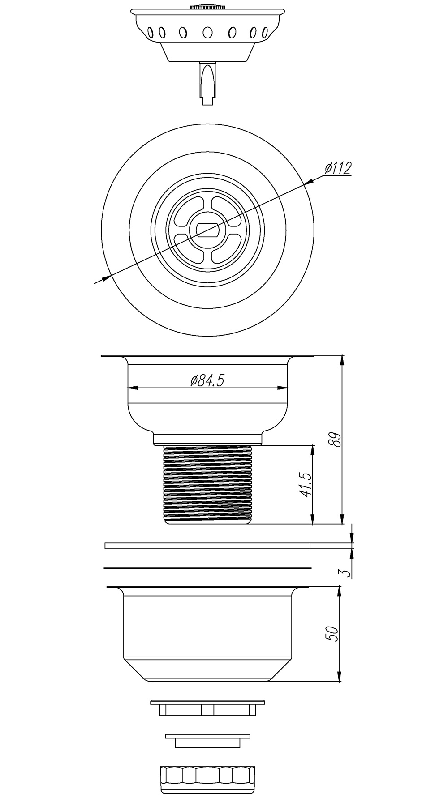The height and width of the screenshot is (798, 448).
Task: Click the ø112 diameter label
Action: [x=338, y=168]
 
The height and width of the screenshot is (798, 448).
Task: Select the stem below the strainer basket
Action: [x=207, y=83]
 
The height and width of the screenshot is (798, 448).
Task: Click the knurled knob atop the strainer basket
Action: [x=207, y=6]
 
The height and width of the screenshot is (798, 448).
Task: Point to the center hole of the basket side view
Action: [x=207, y=32]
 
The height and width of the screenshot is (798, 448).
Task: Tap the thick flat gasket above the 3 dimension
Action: [x=207, y=546]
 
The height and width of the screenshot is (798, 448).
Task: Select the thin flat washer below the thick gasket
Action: [x=207, y=568]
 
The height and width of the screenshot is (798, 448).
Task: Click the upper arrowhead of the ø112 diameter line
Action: [x=308, y=182]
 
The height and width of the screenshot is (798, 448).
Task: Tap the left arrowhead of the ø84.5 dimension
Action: [x=133, y=388]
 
